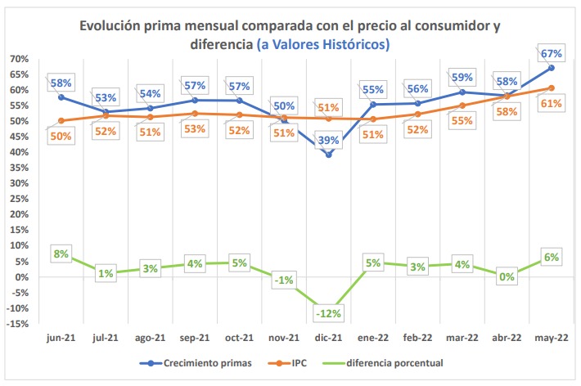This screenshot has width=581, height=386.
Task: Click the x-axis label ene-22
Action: pyautogui.click(x=372, y=338)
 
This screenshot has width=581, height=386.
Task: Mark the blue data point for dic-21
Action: pyautogui.click(x=329, y=155)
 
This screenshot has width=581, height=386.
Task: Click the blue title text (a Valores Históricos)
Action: pyautogui.click(x=322, y=43)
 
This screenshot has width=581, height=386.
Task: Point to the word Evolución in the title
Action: pyautogui.click(x=113, y=25)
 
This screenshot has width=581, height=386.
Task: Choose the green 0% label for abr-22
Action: pyautogui.click(x=507, y=276)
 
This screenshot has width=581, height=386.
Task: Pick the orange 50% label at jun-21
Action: pyautogui.click(x=61, y=136)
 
